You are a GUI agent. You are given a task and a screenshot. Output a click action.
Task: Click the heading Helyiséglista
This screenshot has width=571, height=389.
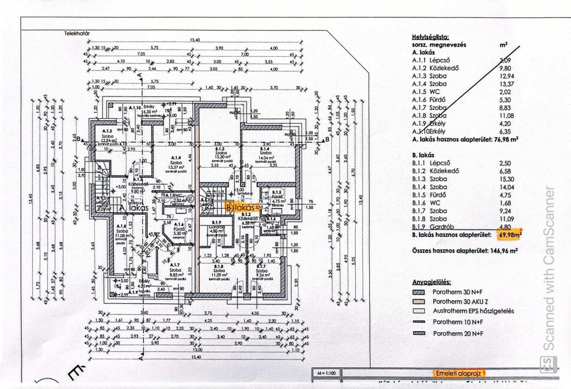click(430, 36)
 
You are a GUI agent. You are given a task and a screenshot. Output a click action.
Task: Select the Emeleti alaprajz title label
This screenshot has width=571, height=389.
click(459, 372)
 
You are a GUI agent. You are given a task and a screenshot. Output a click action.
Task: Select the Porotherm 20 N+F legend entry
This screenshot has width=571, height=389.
click(457, 333)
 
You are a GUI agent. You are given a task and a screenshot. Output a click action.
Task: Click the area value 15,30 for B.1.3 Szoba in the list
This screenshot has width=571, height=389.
click(506, 179)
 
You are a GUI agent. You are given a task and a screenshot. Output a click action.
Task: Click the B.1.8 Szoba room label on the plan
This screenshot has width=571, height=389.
click(222, 270)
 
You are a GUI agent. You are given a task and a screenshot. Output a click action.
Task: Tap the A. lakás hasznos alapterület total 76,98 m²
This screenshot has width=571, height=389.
click(506, 140)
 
